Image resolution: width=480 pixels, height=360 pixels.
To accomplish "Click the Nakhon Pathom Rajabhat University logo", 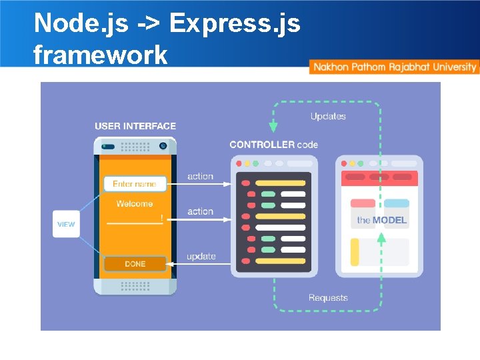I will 394,67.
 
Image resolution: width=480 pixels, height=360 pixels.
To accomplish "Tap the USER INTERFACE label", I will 135,126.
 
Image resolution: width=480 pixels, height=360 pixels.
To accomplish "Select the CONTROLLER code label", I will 273,144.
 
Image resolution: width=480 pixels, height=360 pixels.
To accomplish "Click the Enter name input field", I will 134,183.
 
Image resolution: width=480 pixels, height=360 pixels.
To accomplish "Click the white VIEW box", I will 66,224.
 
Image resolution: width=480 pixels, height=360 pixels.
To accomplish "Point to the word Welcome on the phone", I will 134,204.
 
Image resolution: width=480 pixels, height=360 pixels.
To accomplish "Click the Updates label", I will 328,116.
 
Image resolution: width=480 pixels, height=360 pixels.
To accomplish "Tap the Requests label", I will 328,298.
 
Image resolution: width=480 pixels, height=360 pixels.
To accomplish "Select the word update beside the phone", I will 201,256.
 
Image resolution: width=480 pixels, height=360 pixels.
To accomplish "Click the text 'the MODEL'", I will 381,220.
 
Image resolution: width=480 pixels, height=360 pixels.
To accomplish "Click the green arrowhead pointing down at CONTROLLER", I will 273,127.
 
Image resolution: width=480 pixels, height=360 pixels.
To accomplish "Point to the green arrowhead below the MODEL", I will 381,238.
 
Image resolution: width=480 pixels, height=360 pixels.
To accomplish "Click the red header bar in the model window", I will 379,177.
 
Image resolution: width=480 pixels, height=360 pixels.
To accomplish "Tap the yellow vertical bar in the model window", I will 355,252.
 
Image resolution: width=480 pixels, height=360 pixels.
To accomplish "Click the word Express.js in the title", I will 235,23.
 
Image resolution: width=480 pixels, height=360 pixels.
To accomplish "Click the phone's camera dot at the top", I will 163,145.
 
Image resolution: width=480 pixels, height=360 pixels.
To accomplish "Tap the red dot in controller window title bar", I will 239,163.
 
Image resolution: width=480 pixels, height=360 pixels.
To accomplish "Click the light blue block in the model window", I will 397,203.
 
